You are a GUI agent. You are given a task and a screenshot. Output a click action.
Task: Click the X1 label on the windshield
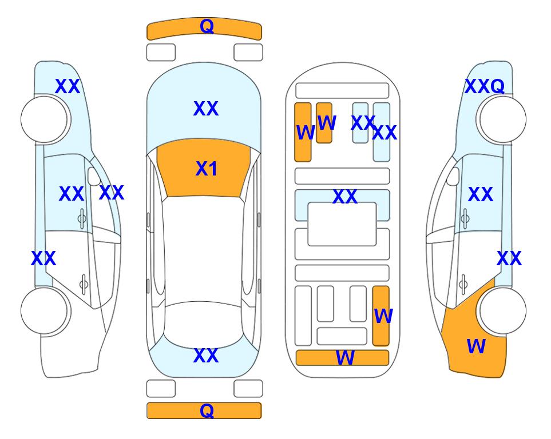coord(207,169)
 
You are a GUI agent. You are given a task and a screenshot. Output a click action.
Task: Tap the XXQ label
coord(485,86)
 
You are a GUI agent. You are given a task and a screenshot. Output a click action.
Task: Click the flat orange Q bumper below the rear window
coord(204,410)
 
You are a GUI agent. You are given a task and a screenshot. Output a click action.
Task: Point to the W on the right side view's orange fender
coord(476,346)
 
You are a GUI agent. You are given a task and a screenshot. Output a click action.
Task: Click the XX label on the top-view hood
coord(206,109)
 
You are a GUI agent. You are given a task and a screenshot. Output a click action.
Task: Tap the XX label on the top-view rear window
coord(206,356)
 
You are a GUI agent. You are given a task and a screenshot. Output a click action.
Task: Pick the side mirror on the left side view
coord(94,176)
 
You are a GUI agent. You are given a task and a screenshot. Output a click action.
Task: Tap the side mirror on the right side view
coord(453,176)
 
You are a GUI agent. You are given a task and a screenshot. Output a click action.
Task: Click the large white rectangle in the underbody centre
coord(342,224)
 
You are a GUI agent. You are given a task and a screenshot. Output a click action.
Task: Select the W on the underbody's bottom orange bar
coord(345,358)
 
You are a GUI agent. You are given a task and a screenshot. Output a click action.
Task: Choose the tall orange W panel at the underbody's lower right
coord(381,316)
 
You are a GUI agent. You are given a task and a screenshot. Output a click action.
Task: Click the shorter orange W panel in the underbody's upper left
coord(324,123)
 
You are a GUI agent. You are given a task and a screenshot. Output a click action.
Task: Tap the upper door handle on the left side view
coord(82,219)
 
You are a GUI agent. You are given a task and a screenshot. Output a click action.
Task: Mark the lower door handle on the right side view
coord(463,285)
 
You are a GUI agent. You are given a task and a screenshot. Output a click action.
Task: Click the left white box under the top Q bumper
coord(161,53)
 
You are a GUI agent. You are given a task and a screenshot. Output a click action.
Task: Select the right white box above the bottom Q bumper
coord(248,389)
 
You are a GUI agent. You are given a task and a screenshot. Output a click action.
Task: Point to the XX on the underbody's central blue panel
coord(345,197)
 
